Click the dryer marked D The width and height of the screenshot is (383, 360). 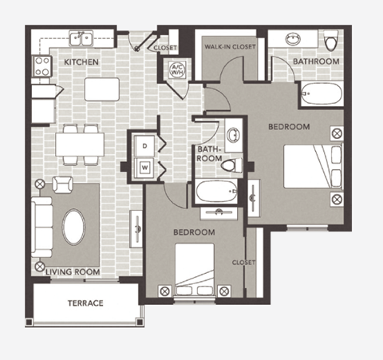point(144,146)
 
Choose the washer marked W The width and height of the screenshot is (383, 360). point(144,168)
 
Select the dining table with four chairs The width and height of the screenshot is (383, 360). point(80,144)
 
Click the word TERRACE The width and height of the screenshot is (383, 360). point(85,303)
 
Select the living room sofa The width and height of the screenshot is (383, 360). point(41,224)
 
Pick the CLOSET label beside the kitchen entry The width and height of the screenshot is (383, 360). point(166,47)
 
